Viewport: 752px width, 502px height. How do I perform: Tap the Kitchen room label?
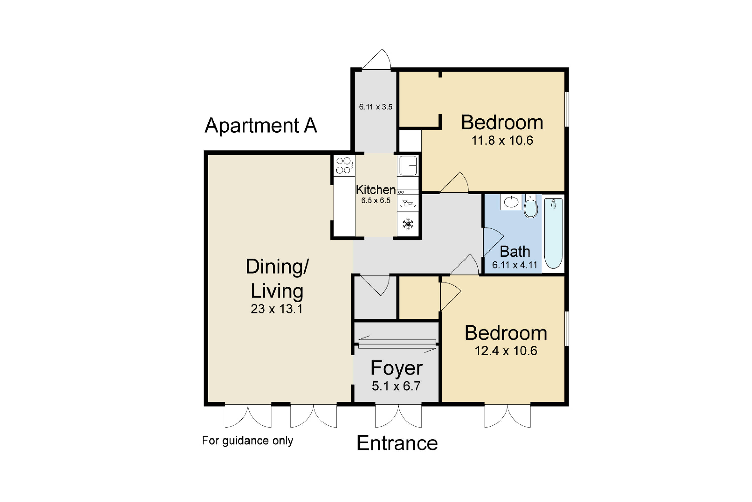[376, 190]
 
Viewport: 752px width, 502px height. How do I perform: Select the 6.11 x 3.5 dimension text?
[376, 107]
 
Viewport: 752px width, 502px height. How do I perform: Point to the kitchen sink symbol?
[408, 165]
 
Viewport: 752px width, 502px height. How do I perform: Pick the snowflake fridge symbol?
[408, 224]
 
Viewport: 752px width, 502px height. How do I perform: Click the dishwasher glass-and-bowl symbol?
[408, 203]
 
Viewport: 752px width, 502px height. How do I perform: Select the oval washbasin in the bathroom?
[511, 202]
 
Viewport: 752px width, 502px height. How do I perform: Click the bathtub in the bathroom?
[553, 234]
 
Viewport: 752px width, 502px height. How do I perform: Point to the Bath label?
[515, 252]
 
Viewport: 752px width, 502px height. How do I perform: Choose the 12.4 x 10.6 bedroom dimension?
[506, 351]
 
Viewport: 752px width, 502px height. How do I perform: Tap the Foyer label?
[397, 368]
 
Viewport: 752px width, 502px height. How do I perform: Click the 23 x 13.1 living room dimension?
[277, 309]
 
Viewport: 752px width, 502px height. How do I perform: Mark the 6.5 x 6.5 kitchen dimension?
[376, 200]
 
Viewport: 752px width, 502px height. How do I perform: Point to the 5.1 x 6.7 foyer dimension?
[396, 386]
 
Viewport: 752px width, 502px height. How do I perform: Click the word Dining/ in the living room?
[277, 266]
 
